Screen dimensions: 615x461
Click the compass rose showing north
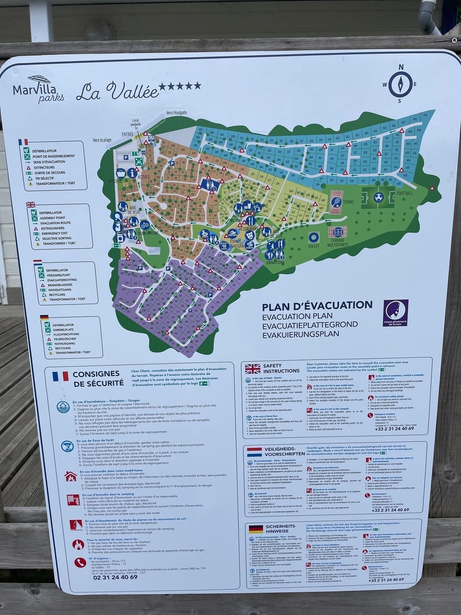click(x=400, y=84)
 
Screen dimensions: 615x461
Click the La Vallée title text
click(x=117, y=90)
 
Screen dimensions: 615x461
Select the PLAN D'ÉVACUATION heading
click(x=317, y=305)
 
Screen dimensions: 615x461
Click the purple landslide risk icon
click(x=395, y=313)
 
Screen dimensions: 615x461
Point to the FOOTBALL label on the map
click(x=405, y=193)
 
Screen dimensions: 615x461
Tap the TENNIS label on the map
click(x=349, y=202)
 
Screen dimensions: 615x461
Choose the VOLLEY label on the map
click(x=314, y=246)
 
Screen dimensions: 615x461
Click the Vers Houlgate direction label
click(x=177, y=112)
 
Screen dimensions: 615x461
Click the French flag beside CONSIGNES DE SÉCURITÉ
click(x=61, y=376)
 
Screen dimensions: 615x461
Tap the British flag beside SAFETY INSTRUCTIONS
click(x=253, y=369)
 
